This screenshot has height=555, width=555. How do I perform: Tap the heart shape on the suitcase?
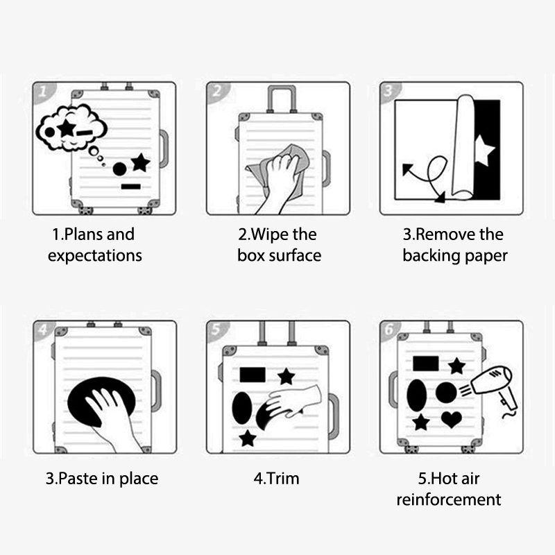452,420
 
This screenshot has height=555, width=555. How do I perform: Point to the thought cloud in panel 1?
71,128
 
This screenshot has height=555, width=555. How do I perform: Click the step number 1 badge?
43,92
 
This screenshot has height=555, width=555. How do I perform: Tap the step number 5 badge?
216,330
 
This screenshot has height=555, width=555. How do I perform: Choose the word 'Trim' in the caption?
283,479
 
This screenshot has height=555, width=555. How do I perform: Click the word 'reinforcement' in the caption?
449,499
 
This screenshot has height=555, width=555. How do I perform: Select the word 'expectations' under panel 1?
95,256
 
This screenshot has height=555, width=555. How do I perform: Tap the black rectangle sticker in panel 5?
253,375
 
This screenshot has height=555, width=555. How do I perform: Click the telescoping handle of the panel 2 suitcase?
282,99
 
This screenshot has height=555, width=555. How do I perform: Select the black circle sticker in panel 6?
446,393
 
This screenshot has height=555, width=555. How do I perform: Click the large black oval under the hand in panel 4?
101,402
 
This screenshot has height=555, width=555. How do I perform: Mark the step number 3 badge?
389,92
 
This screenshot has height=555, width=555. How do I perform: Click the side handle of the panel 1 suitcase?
164,148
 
